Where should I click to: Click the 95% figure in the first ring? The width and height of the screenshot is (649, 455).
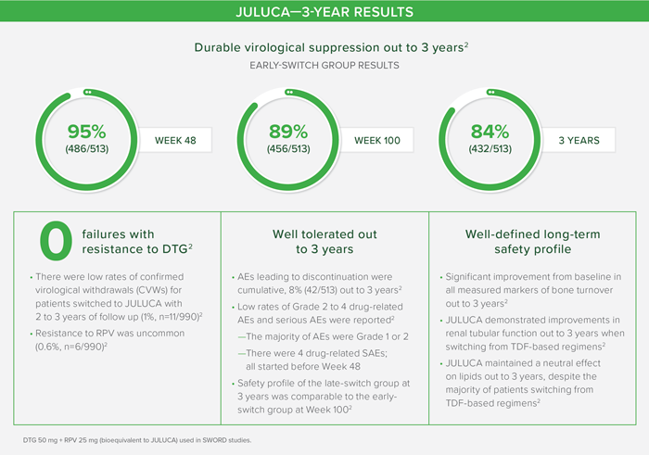pyautogui.click(x=86, y=132)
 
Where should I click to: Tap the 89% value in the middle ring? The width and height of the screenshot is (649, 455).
pyautogui.click(x=288, y=132)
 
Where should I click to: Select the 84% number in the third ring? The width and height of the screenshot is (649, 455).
pyautogui.click(x=490, y=132)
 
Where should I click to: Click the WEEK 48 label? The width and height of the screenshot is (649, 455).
pyautogui.click(x=175, y=141)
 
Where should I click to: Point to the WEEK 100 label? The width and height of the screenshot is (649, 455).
pyautogui.click(x=377, y=141)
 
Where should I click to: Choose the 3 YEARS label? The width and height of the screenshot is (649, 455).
pyautogui.click(x=579, y=141)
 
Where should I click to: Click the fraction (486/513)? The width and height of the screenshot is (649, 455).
pyautogui.click(x=86, y=149)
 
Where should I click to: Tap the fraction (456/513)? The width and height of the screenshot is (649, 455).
pyautogui.click(x=288, y=149)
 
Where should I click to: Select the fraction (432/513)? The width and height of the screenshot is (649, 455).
pyautogui.click(x=490, y=149)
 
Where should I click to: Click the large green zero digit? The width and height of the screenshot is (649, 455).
pyautogui.click(x=56, y=241)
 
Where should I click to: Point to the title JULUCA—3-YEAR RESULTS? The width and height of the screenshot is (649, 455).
pyautogui.click(x=324, y=11)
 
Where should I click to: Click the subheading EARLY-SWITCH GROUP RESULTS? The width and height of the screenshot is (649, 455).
pyautogui.click(x=324, y=66)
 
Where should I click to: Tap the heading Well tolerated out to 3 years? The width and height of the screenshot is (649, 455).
pyautogui.click(x=324, y=242)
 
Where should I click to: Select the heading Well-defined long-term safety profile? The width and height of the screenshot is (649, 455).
pyautogui.click(x=533, y=242)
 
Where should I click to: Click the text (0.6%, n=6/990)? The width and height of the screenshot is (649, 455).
pyautogui.click(x=71, y=347)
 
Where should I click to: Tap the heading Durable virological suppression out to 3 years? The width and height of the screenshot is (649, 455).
pyautogui.click(x=331, y=47)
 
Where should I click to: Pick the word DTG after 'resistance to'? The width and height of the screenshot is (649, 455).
pyautogui.click(x=174, y=249)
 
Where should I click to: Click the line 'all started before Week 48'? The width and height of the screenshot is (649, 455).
pyautogui.click(x=303, y=366)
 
